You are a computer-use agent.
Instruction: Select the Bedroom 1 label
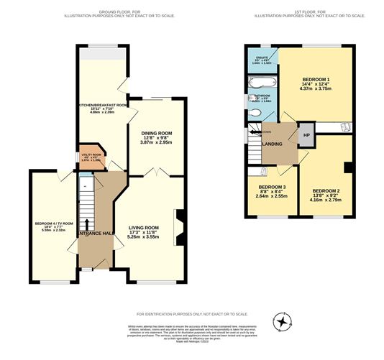click(316, 83)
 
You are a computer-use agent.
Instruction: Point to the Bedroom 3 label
click(271, 192)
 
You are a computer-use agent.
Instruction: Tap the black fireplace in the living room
click(180, 219)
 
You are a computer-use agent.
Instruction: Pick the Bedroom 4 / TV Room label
click(52, 226)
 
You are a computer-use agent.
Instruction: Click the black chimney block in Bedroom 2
click(349, 167)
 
